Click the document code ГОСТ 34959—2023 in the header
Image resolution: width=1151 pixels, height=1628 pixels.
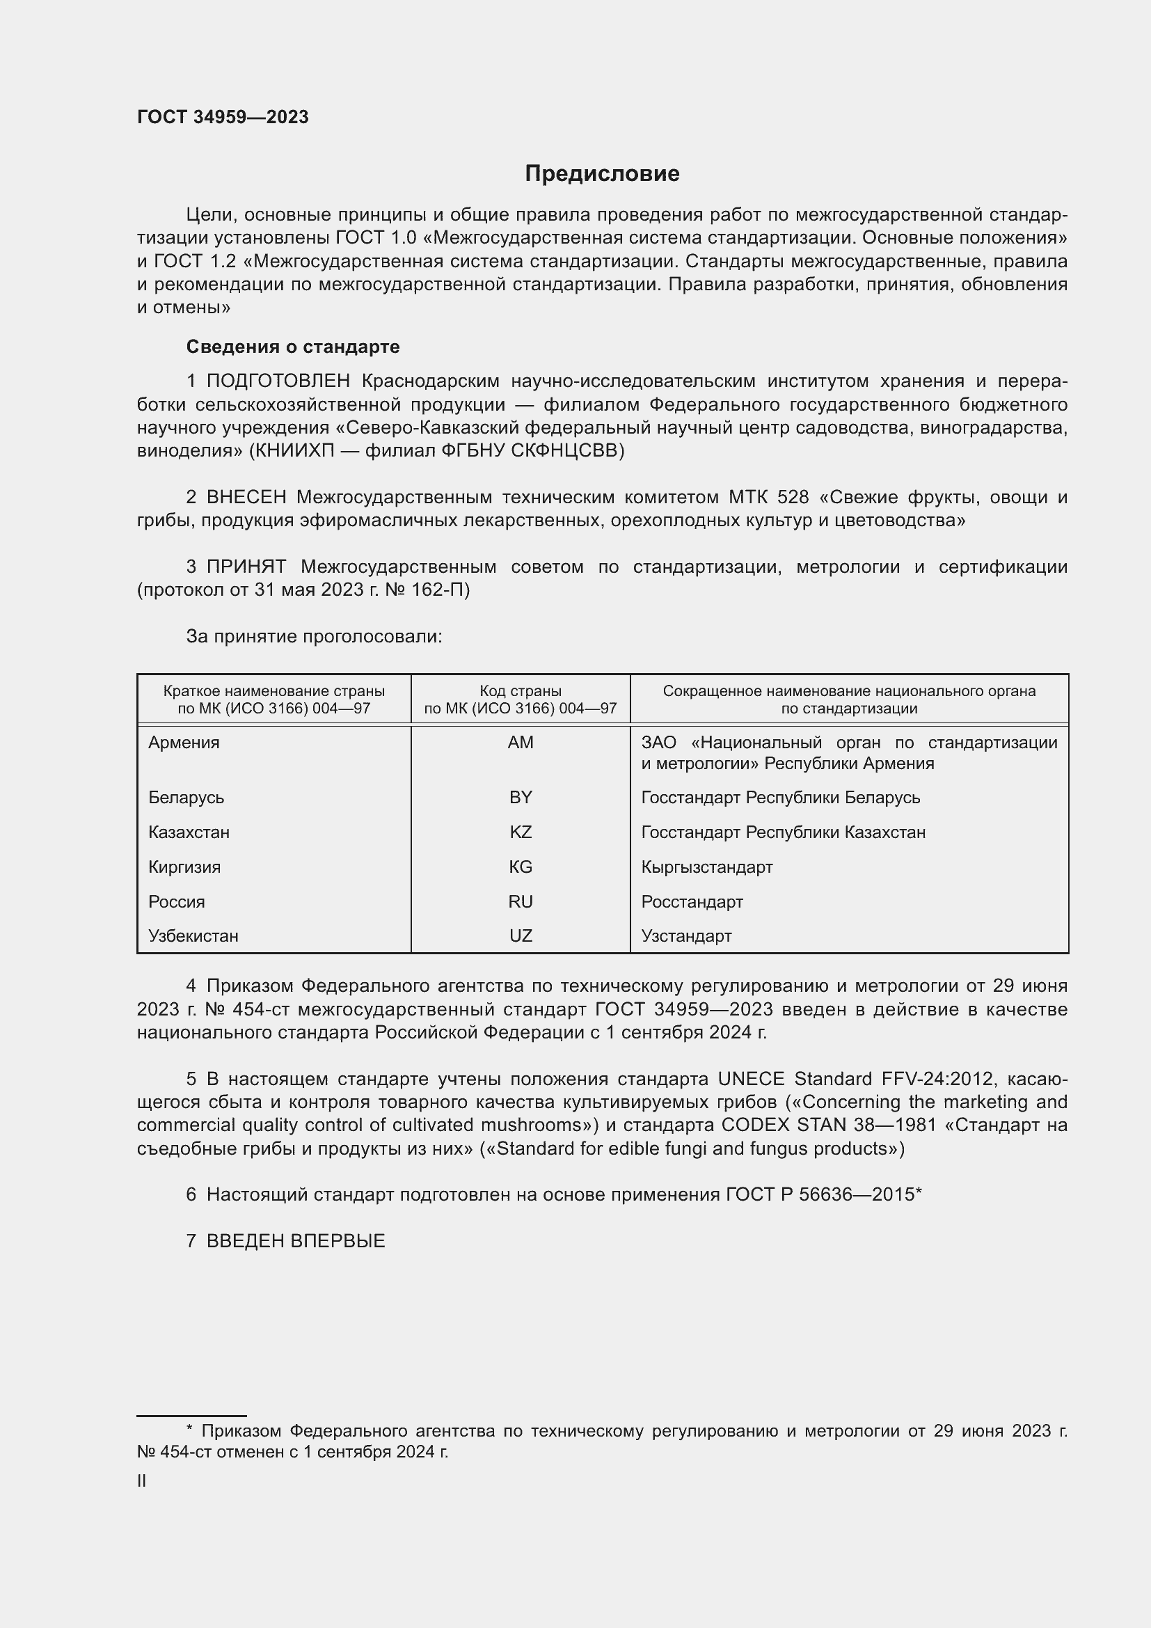tap(223, 117)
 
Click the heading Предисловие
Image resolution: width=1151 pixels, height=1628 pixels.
tap(602, 174)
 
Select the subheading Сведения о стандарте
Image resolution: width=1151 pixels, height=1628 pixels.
tap(293, 347)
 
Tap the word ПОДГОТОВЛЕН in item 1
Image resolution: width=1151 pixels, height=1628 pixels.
tap(278, 381)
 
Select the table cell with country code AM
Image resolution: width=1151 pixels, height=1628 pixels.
tap(521, 743)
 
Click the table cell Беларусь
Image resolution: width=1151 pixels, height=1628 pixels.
tap(186, 798)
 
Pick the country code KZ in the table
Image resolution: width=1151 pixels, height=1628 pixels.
tap(521, 832)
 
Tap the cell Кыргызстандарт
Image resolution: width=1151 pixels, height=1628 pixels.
tap(706, 867)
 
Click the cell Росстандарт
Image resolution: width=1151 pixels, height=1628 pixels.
tap(692, 902)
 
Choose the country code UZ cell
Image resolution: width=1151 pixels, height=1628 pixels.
tap(521, 936)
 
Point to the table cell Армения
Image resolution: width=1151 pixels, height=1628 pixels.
tap(184, 743)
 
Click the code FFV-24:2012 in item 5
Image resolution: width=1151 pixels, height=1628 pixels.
tap(939, 1080)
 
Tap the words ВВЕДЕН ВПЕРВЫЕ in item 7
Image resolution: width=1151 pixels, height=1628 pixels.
tap(296, 1241)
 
